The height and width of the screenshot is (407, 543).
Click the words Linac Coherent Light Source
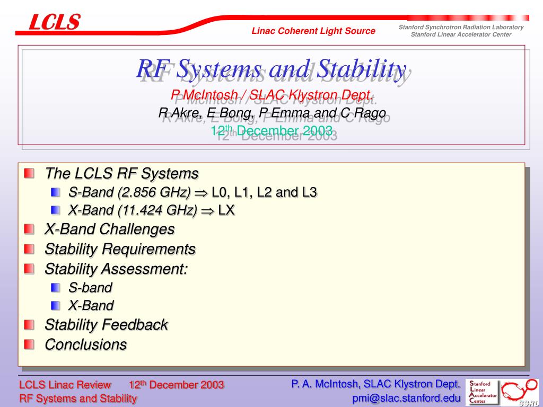click(313, 31)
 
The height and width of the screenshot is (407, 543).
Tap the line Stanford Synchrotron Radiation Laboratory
click(461, 27)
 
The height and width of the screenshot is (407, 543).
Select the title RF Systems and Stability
click(271, 68)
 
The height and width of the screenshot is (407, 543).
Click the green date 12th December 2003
click(271, 130)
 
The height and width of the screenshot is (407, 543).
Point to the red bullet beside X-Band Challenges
click(30, 229)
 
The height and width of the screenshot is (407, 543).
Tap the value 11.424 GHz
click(157, 210)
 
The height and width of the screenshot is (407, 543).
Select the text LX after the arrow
click(226, 210)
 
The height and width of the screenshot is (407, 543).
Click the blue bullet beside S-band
click(55, 287)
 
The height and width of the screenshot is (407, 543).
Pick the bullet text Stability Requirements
click(120, 249)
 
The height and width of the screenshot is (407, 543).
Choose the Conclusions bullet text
click(86, 344)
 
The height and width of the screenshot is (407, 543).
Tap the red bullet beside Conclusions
click(30, 344)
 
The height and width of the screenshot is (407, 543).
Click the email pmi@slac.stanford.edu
click(406, 398)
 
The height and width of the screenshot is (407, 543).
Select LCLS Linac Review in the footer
click(65, 385)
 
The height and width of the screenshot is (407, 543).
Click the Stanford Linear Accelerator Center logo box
click(481, 392)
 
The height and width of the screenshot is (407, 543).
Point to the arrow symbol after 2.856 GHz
click(201, 193)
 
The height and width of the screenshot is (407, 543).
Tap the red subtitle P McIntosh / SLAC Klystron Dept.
click(272, 94)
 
